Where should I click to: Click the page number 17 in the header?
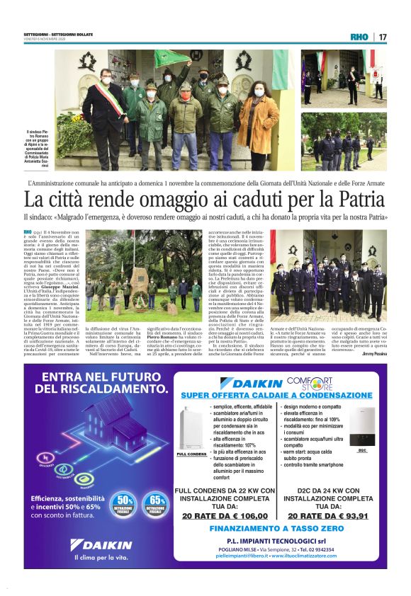tap(383, 37)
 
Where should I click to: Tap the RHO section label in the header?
tap(359, 37)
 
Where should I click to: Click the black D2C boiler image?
tap(362, 430)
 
